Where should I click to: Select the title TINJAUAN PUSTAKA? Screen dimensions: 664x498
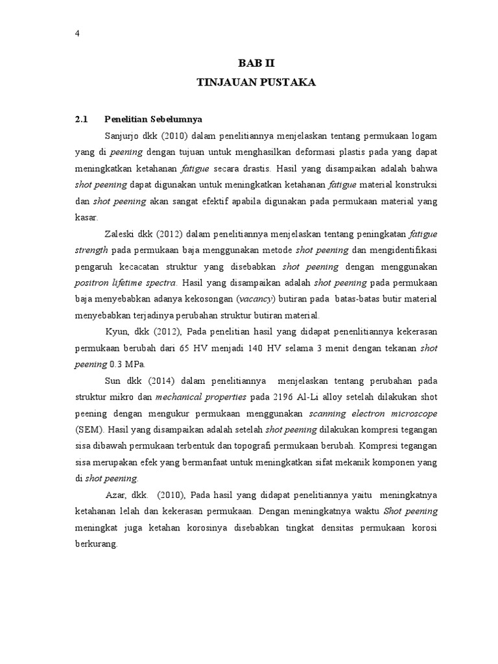(256, 82)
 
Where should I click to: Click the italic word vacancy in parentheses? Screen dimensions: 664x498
(257, 298)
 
